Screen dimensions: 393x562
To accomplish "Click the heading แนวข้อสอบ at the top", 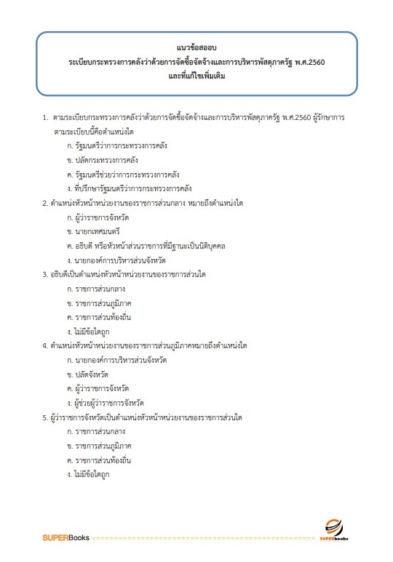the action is [196, 47].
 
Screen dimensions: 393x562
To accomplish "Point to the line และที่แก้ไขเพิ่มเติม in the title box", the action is [196, 76].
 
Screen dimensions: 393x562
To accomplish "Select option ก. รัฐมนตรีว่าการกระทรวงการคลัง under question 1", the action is [116, 146].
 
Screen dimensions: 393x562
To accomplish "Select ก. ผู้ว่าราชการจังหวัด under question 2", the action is [99, 216].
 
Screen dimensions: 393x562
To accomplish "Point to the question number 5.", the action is [45, 416].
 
